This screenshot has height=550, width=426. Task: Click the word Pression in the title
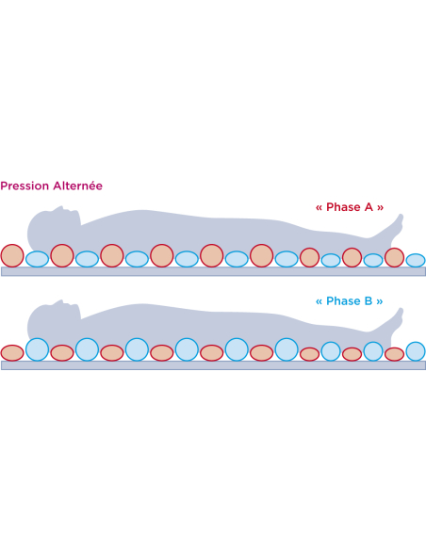coord(25,186)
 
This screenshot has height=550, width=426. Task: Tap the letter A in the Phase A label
coord(369,207)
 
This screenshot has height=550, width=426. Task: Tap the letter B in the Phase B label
coord(369,301)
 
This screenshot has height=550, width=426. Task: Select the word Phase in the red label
coord(343,207)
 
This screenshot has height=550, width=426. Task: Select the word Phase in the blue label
coord(343,301)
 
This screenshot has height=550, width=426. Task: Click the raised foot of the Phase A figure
coord(397,224)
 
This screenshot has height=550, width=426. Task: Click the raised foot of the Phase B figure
coord(397,318)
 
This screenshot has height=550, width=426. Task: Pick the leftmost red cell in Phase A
coord(12,256)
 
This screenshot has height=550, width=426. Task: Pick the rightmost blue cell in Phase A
coord(416,261)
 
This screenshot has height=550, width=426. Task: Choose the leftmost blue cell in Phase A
coord(37,259)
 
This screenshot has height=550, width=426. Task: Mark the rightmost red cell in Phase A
coord(394,257)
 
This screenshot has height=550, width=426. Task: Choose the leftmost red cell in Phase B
coord(12,353)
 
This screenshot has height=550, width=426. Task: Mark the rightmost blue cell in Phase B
coord(416,351)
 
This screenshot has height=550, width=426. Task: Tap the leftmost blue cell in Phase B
coord(37,349)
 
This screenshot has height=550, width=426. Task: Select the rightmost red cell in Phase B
coord(394,354)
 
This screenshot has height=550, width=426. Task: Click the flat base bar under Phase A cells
coord(213,271)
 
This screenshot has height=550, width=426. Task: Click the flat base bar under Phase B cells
coord(213,365)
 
